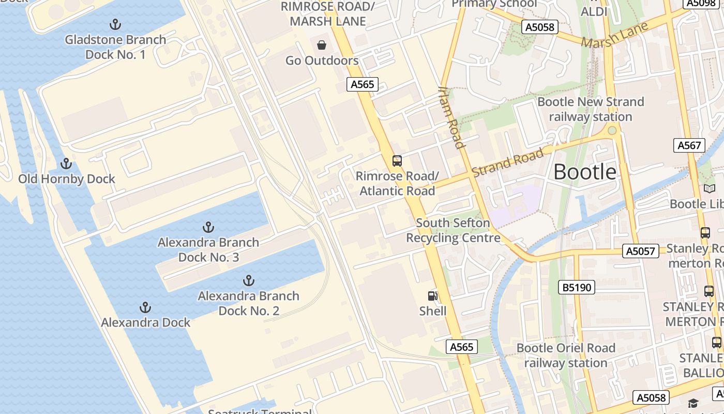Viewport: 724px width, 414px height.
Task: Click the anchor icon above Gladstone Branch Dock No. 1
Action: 115,24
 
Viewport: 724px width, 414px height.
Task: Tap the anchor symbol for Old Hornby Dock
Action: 66,164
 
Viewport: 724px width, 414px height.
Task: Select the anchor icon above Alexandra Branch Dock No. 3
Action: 208,227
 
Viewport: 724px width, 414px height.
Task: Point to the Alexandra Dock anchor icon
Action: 145,308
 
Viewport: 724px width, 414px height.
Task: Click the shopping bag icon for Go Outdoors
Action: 322,45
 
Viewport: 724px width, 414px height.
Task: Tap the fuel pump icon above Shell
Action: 433,296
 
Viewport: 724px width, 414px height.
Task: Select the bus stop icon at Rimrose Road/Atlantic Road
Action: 397,161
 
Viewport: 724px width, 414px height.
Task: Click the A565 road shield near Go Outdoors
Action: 363,84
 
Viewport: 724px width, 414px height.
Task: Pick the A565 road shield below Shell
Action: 461,347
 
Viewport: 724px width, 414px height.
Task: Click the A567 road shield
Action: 690,145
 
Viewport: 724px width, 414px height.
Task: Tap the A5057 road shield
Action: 641,251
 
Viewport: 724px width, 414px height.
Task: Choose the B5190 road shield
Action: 577,287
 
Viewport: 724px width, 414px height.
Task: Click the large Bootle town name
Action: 585,172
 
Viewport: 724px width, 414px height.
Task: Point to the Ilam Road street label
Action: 450,117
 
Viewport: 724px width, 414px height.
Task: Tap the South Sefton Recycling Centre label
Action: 453,230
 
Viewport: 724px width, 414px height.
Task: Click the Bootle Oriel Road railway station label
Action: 566,355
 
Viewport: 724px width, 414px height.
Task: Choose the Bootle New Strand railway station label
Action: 591,109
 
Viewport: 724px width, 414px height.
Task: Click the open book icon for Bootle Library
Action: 710,189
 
